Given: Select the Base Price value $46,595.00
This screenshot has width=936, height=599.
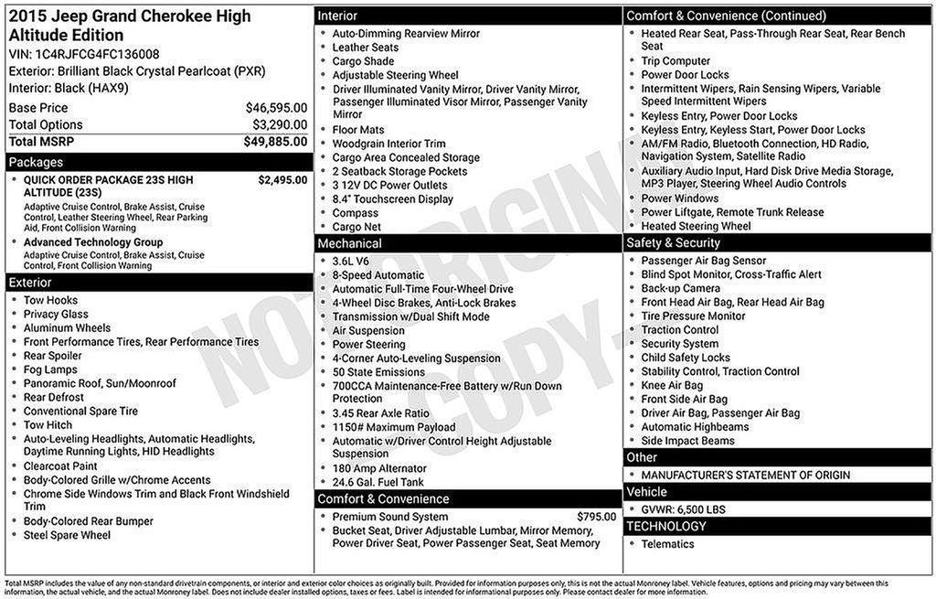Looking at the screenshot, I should [x=276, y=108].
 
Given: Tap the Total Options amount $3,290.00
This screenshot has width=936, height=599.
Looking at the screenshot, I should [x=280, y=124].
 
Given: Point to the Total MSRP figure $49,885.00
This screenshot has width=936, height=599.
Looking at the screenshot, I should [x=275, y=142].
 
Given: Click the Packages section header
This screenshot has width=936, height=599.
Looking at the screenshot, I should [x=36, y=162].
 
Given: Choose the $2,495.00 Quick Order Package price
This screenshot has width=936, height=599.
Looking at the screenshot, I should [x=282, y=180].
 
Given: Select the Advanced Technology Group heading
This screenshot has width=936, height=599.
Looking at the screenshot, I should [x=93, y=242].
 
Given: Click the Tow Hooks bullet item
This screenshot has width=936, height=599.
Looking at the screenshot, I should [x=50, y=300].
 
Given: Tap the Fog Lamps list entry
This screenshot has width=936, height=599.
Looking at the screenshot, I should [x=50, y=369].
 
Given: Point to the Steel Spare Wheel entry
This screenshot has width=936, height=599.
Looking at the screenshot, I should [x=67, y=535].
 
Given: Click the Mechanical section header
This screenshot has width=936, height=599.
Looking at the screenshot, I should [x=350, y=243].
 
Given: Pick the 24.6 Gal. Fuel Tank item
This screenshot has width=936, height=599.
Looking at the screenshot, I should [x=378, y=482].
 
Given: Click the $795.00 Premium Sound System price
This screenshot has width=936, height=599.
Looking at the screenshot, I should [x=596, y=517].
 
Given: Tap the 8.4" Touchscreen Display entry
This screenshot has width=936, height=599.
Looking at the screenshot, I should [x=392, y=198].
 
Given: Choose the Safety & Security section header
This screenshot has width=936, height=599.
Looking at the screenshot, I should [x=673, y=242].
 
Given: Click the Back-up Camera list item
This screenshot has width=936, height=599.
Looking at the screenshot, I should [x=680, y=288].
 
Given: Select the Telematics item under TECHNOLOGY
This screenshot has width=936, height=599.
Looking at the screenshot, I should [x=667, y=544].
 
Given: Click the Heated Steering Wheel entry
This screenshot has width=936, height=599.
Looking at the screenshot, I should [x=696, y=226].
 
